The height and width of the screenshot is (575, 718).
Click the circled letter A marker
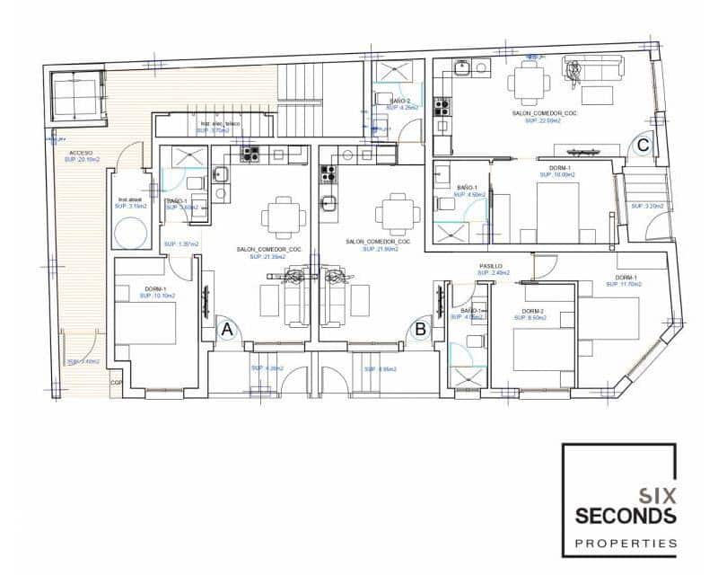(227, 330)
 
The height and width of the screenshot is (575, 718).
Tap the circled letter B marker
(420, 330)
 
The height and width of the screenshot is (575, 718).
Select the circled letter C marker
(644, 143)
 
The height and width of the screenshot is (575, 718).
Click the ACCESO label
(80, 154)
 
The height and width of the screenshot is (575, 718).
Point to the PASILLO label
(490, 267)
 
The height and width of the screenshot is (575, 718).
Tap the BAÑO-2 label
(400, 102)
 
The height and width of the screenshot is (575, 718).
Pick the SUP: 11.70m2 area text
(626, 285)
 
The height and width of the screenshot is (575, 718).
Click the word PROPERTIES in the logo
(626, 543)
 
